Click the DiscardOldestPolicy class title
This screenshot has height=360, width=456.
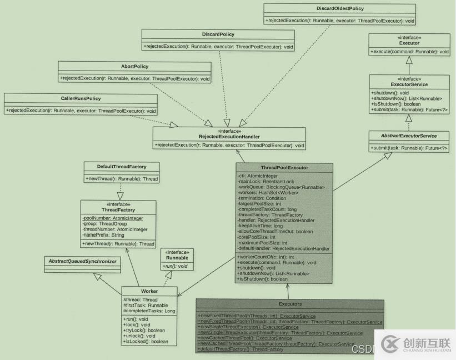(x=340, y=9)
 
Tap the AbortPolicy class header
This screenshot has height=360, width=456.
(x=135, y=66)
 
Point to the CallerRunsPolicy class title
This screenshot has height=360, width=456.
(x=81, y=98)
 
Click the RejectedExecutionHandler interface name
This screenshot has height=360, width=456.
(x=229, y=136)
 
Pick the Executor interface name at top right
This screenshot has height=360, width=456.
(x=409, y=42)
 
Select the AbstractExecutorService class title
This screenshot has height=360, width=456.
(x=409, y=136)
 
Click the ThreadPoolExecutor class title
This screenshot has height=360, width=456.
(x=284, y=167)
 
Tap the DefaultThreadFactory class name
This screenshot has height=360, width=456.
(x=121, y=166)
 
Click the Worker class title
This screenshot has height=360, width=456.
(x=149, y=291)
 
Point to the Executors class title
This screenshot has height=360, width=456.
(x=290, y=304)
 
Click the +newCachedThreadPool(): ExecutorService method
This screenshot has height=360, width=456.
(x=245, y=338)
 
